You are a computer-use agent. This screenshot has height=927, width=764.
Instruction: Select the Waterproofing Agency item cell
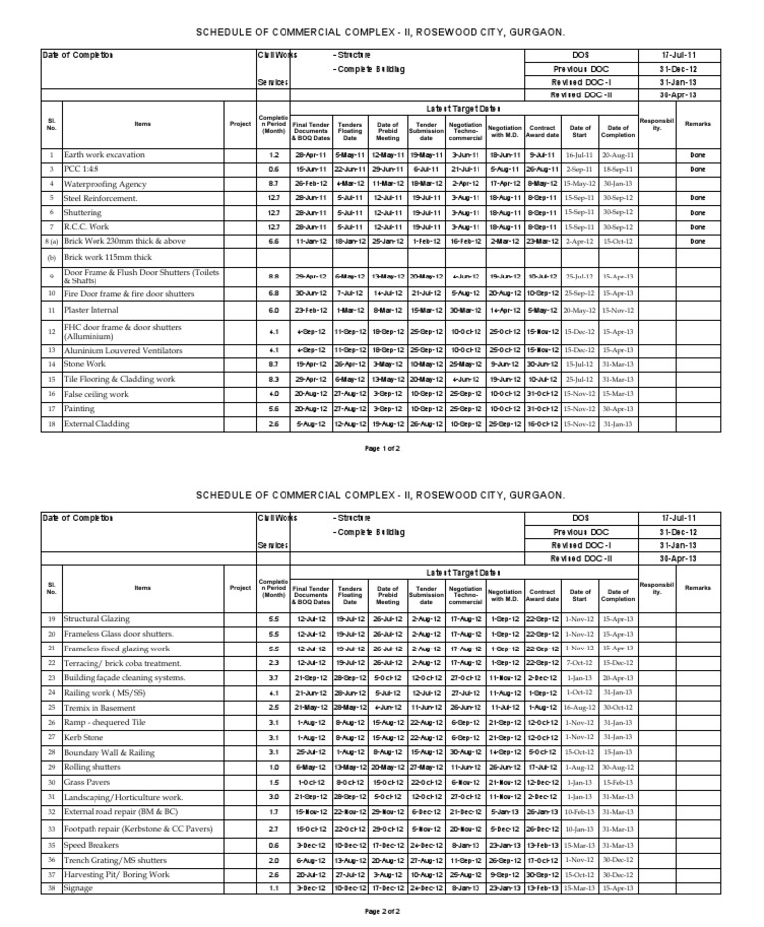tap(101, 184)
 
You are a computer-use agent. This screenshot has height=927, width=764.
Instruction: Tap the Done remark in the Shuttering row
tap(697, 212)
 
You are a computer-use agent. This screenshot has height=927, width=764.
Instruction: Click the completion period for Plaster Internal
tap(274, 311)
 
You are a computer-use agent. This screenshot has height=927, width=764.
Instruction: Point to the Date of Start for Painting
tap(579, 408)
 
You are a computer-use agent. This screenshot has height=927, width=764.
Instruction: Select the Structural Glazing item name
tap(98, 619)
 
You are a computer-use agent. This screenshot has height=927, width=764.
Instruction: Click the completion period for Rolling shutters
tap(274, 769)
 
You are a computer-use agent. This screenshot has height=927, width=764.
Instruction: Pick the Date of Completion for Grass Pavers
tap(618, 784)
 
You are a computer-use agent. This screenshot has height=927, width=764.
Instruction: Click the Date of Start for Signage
tap(579, 886)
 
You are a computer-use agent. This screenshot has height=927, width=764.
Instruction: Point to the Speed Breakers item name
tap(95, 844)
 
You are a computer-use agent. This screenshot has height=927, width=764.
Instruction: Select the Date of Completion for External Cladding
tap(618, 423)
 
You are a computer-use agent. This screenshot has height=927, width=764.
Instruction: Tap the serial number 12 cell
tap(50, 331)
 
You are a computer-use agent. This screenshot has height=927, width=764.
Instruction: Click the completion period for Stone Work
tap(274, 365)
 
